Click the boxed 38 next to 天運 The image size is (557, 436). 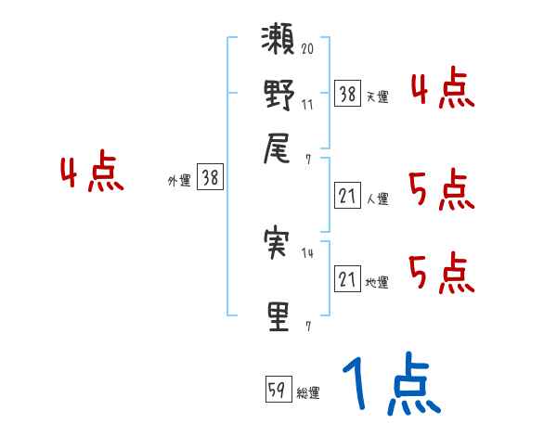pyautogui.click(x=347, y=93)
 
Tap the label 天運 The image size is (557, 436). pyautogui.click(x=377, y=96)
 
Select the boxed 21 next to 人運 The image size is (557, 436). pyautogui.click(x=347, y=195)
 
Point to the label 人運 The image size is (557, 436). pyautogui.click(x=377, y=199)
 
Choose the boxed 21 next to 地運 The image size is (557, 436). pyautogui.click(x=347, y=278)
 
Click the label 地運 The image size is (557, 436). pyautogui.click(x=377, y=282)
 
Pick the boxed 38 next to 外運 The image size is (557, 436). pyautogui.click(x=210, y=179)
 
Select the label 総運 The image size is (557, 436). pyautogui.click(x=308, y=392)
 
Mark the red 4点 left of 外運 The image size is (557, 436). pyautogui.click(x=91, y=173)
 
